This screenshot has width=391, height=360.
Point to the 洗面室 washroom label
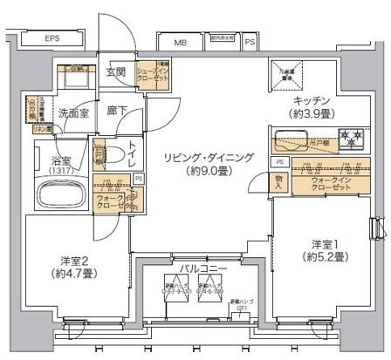click(73, 112)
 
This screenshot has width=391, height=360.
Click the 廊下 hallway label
click(116, 110)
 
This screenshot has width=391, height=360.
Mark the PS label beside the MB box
click(250, 40)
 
